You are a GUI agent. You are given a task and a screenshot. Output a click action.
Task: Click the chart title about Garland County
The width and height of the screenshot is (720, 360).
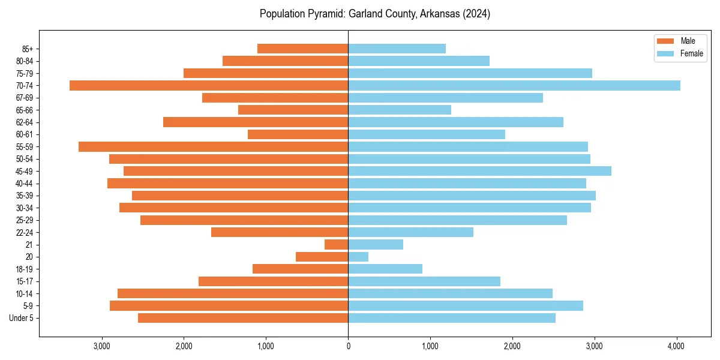point(375,14)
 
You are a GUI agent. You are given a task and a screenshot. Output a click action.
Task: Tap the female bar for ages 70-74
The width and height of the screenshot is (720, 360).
point(514,86)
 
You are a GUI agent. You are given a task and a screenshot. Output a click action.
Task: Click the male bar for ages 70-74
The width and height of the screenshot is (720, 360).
point(209,86)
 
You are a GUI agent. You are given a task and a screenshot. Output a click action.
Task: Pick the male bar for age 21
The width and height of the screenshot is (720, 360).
point(337,245)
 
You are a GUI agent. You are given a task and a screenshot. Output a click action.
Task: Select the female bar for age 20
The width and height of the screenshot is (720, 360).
point(358,257)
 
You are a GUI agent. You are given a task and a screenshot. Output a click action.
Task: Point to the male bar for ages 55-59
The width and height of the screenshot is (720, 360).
point(213,147)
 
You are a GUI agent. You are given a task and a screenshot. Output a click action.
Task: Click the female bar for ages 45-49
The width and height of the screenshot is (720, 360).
point(479,171)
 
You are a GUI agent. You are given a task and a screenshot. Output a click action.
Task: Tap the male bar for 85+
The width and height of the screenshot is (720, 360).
point(302,49)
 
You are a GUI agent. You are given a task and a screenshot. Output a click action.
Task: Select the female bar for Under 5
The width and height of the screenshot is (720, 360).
point(452,318)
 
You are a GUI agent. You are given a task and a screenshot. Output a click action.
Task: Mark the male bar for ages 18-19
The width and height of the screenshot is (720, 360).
point(300,269)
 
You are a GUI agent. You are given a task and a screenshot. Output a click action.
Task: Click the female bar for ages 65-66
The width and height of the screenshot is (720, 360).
point(400,110)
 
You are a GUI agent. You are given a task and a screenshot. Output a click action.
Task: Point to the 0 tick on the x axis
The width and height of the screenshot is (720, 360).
point(348,346)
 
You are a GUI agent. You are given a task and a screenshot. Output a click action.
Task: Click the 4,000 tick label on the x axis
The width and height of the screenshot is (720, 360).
point(676,346)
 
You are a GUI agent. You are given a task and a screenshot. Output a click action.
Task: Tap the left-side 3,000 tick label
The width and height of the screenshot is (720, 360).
point(102,346)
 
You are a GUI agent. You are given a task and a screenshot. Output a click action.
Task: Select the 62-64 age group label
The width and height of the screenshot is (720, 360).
point(24,122)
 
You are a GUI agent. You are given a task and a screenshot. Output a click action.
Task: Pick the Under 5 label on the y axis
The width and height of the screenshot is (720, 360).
point(22,318)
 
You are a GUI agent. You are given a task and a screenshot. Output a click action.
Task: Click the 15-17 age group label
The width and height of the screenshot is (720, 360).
point(24,281)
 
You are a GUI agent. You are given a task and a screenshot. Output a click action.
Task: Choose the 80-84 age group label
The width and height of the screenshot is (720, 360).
point(24,61)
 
